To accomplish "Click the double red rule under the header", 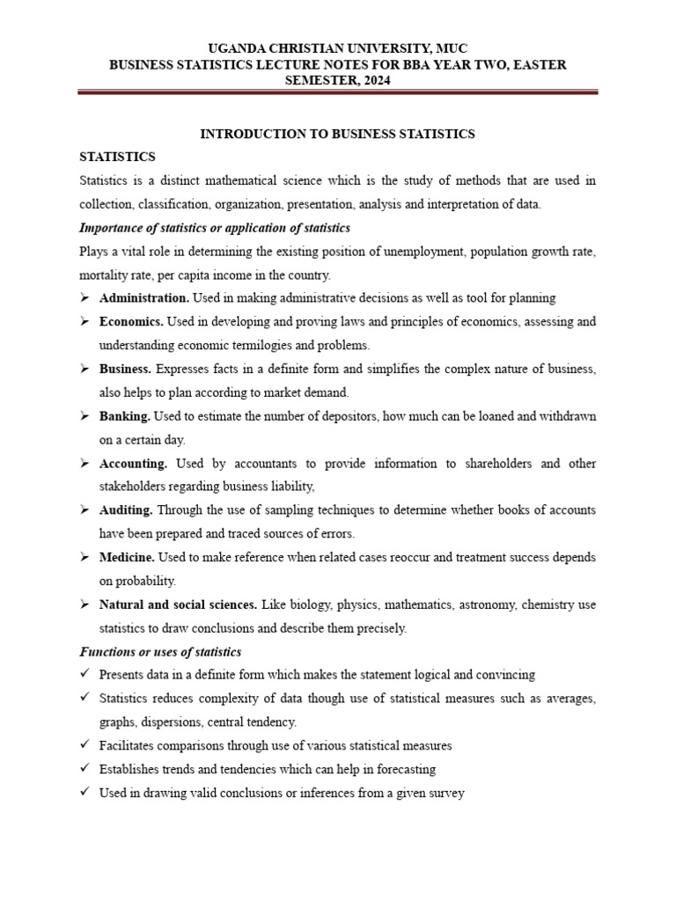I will [x=338, y=92].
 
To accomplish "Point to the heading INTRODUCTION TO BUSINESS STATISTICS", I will [x=337, y=134].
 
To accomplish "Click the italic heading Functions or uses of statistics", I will [x=160, y=652].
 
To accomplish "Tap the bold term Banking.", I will [x=125, y=415].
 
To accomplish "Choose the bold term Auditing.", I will [x=127, y=509].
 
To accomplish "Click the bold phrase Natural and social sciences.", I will [x=178, y=604].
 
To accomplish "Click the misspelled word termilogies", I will [x=265, y=345].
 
